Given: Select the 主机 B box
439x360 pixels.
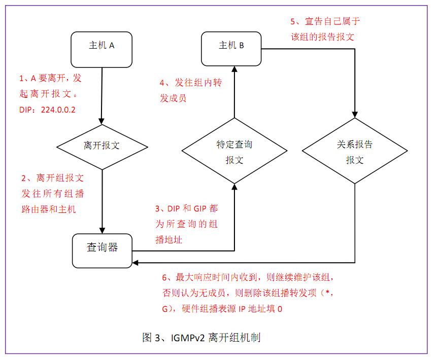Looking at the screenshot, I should pyautogui.click(x=231, y=46).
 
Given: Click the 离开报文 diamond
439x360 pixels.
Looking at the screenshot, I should pyautogui.click(x=102, y=146).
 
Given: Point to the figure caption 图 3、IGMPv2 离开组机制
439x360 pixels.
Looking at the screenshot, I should pyautogui.click(x=201, y=337).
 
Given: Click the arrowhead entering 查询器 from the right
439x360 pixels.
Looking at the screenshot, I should pyautogui.click(x=136, y=263).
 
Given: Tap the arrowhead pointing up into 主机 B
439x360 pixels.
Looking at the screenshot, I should pyautogui.click(x=234, y=68).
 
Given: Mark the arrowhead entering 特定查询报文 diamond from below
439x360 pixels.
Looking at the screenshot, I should pyautogui.click(x=234, y=186).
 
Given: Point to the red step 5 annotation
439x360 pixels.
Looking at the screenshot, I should pyautogui.click(x=325, y=29).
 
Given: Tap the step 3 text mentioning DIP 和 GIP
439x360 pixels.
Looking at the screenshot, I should pyautogui.click(x=186, y=224).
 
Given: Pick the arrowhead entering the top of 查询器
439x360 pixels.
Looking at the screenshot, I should pyautogui.click(x=102, y=231).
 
